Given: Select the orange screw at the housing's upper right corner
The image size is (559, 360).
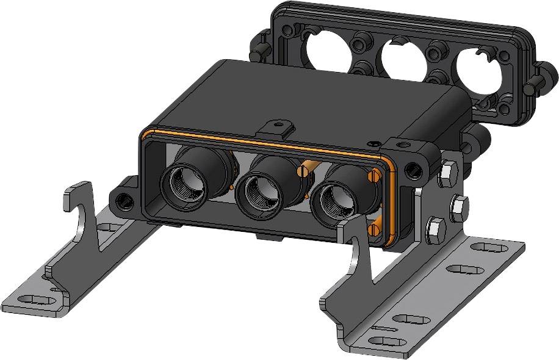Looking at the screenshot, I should coord(374,176).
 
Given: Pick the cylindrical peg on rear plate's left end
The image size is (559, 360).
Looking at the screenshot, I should coord(259,52).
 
